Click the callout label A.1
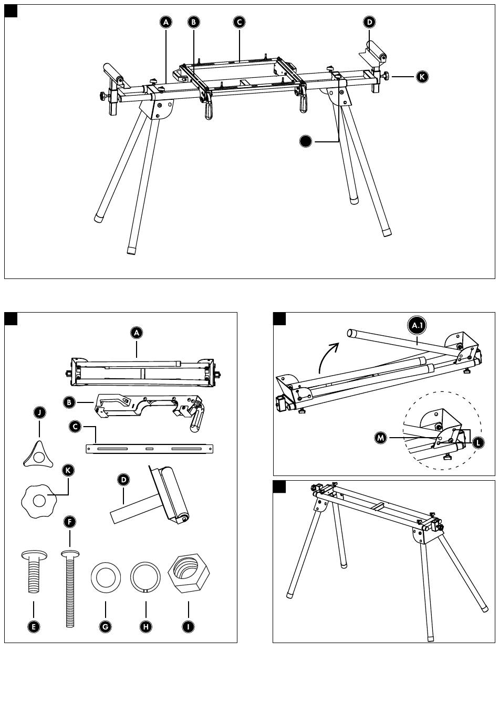(x=417, y=326)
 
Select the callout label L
(x=477, y=443)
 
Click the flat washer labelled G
(x=106, y=577)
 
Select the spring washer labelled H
(x=145, y=577)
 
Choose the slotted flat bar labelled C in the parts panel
(x=150, y=449)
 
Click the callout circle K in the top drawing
(x=422, y=77)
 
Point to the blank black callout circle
(x=306, y=141)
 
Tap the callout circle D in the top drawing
(x=369, y=22)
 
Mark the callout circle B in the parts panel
(x=69, y=403)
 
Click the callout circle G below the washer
(x=106, y=626)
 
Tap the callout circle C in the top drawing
(x=239, y=22)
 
